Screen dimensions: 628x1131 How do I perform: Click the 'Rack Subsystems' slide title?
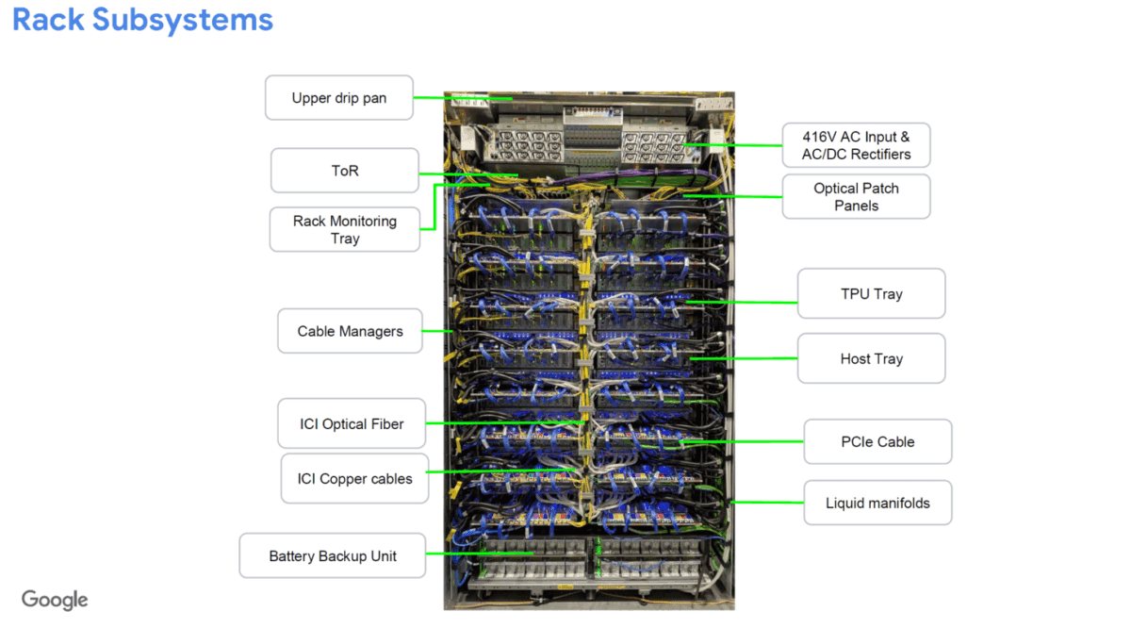tap(142, 20)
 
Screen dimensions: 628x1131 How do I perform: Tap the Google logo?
tap(55, 600)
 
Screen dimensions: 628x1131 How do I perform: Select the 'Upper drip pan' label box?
tap(338, 98)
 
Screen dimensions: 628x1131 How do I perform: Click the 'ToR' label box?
tap(345, 171)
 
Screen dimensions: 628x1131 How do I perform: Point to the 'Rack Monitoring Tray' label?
tap(345, 229)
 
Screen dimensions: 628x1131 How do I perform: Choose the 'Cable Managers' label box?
tap(350, 331)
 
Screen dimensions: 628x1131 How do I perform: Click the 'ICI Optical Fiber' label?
tap(352, 423)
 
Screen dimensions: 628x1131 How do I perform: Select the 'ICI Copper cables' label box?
tap(354, 478)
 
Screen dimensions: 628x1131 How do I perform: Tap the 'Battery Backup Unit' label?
tap(333, 555)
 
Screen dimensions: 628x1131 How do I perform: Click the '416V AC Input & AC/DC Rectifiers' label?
tap(856, 145)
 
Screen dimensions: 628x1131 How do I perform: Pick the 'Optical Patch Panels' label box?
tap(856, 196)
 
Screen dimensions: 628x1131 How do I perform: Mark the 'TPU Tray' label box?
tap(871, 293)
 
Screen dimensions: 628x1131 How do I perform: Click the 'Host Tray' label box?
tap(871, 358)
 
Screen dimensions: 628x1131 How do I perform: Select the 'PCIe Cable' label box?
tap(877, 441)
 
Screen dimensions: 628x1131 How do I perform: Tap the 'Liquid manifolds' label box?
tap(877, 503)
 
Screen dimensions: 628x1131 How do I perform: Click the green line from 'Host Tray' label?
tap(754, 359)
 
